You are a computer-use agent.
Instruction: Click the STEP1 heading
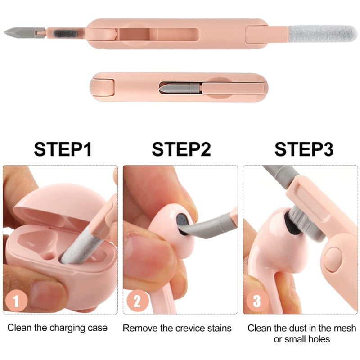pos(63,149)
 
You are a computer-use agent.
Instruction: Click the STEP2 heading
pos(181,149)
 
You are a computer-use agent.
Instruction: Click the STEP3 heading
pos(304,149)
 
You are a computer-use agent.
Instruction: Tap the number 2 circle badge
pos(137,301)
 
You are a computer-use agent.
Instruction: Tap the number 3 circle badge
pos(257,301)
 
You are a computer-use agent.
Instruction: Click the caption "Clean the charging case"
pos(58,328)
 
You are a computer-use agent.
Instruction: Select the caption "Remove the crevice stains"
pos(177,328)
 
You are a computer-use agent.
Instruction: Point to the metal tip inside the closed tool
pos(169,88)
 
